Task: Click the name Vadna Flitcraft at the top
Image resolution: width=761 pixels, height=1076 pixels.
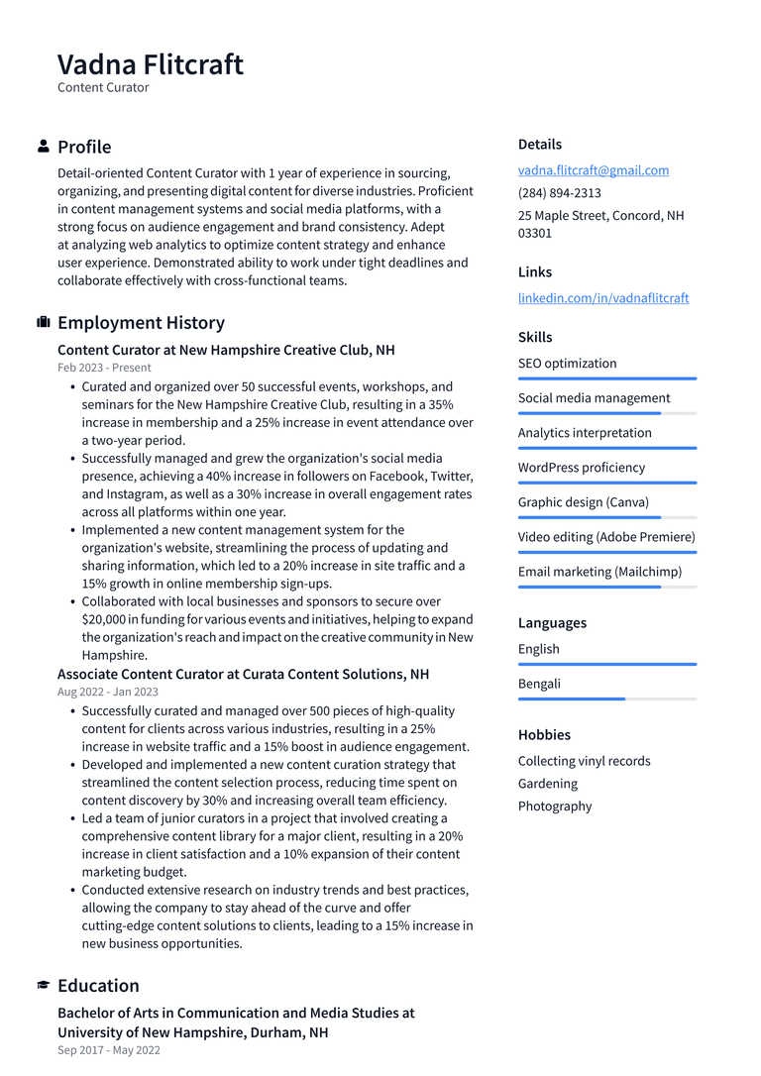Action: (150, 64)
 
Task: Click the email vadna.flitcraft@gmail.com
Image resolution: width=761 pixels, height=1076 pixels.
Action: (593, 170)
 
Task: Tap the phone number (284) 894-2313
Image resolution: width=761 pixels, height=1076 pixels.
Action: (559, 193)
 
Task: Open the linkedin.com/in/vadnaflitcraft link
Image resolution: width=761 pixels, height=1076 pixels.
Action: (602, 298)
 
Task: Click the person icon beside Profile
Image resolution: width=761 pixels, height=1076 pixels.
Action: (44, 147)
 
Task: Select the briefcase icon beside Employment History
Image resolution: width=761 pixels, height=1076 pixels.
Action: (44, 323)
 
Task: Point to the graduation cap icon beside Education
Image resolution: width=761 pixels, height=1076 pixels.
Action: (44, 986)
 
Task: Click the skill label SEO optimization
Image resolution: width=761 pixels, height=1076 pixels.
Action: (567, 364)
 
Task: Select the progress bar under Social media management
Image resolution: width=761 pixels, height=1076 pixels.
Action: (606, 413)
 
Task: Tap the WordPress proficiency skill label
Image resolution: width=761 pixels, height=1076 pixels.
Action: (581, 468)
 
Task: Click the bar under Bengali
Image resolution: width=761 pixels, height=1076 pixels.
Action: (606, 699)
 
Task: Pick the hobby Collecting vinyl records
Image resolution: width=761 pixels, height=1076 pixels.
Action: (584, 762)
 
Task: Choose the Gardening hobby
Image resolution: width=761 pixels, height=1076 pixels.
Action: (547, 784)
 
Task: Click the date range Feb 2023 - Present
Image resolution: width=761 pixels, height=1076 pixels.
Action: (104, 368)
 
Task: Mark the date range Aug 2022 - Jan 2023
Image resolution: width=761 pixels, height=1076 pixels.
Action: (107, 692)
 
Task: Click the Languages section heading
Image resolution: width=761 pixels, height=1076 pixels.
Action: (552, 623)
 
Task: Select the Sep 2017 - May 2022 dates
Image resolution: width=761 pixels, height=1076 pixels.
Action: (108, 1050)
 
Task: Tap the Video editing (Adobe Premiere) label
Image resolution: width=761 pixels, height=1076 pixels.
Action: (606, 537)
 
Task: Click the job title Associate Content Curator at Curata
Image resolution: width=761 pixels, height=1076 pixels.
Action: (243, 675)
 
